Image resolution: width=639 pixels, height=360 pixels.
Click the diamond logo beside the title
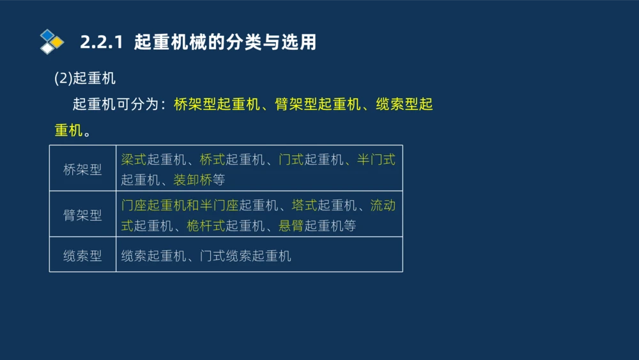pyautogui.click(x=52, y=42)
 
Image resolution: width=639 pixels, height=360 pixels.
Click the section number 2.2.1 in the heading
pyautogui.click(x=102, y=42)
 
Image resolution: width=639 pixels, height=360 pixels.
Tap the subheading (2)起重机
pyautogui.click(x=84, y=79)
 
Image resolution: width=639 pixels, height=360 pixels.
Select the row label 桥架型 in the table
pyautogui.click(x=82, y=169)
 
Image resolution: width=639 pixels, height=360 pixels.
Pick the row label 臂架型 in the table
pyautogui.click(x=82, y=215)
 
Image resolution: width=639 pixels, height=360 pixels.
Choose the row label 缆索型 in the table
pyautogui.click(x=82, y=256)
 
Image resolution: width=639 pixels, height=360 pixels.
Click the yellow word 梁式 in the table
pyautogui.click(x=134, y=159)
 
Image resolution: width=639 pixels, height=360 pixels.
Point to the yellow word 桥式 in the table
pyautogui.click(x=212, y=159)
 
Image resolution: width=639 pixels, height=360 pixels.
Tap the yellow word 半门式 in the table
pyautogui.click(x=376, y=159)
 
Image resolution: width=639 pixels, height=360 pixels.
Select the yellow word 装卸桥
pyautogui.click(x=193, y=180)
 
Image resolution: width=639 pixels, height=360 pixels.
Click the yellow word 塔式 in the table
pyautogui.click(x=304, y=205)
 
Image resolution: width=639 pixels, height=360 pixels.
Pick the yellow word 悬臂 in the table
pyautogui.click(x=291, y=226)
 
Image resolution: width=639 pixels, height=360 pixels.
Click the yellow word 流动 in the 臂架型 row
pyautogui.click(x=383, y=205)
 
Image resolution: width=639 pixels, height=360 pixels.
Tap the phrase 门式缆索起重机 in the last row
pyautogui.click(x=245, y=256)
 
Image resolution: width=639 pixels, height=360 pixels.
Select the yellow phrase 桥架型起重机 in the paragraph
pyautogui.click(x=217, y=104)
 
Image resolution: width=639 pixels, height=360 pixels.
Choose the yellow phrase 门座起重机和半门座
pyautogui.click(x=180, y=205)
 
